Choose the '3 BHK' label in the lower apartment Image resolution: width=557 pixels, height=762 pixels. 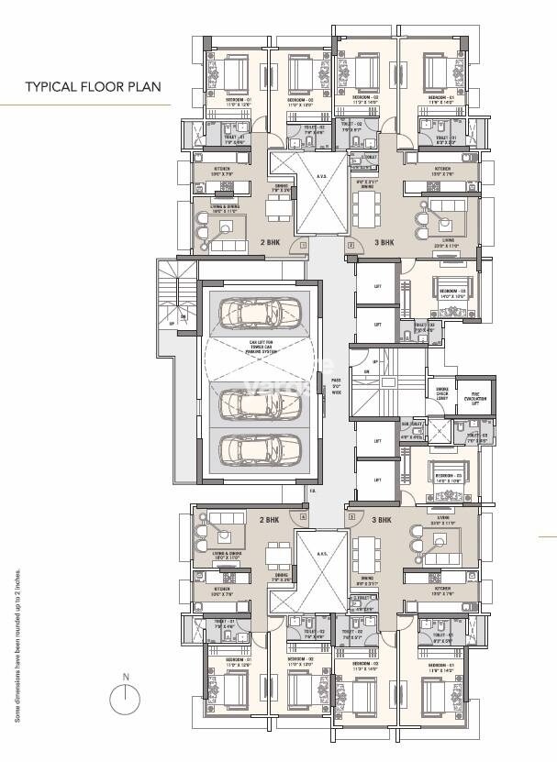(x=382, y=519)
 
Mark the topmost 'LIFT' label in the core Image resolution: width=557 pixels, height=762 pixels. (x=378, y=286)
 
